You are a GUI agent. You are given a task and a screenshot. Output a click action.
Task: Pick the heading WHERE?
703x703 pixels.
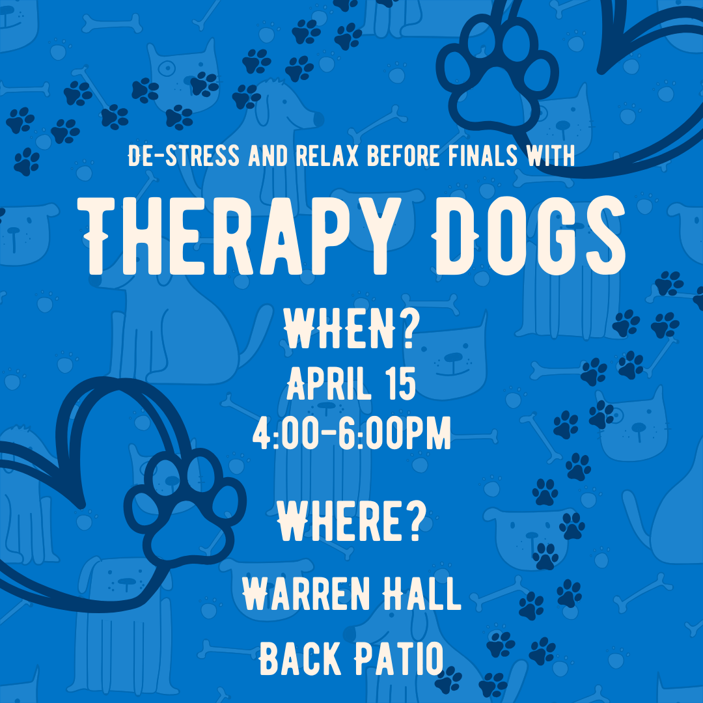tap(351, 523)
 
